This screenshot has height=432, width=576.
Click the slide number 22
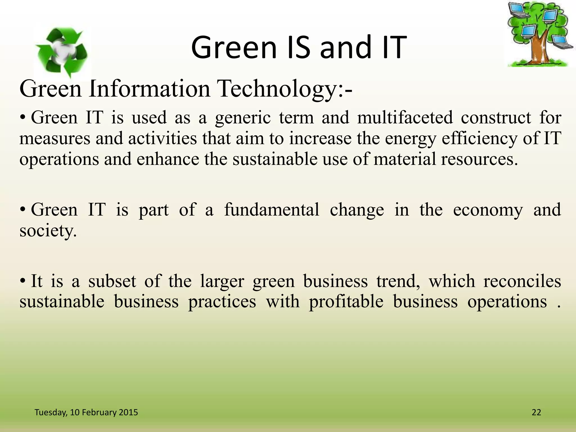[x=536, y=412]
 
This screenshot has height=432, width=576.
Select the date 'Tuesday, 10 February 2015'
[x=86, y=412]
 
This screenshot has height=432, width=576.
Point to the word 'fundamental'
[x=271, y=210]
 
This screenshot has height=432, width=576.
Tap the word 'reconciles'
[x=522, y=281]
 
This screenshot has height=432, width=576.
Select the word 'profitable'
[x=346, y=302]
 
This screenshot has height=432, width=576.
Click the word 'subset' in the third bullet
[x=112, y=281]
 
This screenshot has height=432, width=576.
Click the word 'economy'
[x=488, y=210]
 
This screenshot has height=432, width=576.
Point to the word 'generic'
[x=242, y=118]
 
